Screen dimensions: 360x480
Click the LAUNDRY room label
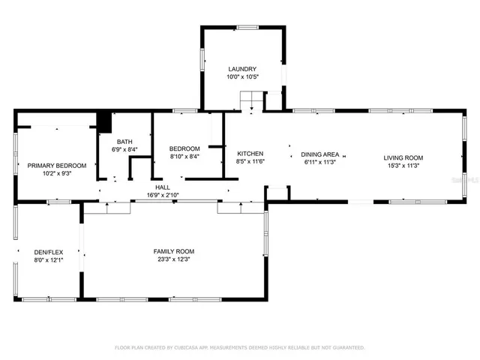(242, 69)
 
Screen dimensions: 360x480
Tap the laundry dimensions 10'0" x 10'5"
(242, 77)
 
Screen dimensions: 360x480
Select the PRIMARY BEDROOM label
(57, 165)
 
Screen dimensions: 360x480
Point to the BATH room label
(124, 141)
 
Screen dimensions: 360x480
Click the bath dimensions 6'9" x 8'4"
(124, 149)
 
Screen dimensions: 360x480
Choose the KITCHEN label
(250, 153)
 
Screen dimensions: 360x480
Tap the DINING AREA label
(321, 154)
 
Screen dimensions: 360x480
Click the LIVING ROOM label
(403, 157)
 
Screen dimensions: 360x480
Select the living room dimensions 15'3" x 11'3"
(403, 166)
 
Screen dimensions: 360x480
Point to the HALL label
(163, 187)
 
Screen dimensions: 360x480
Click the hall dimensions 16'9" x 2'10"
(163, 195)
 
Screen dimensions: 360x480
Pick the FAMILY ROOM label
(174, 251)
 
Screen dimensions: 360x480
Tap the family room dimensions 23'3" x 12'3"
(174, 259)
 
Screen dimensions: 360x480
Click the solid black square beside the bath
(104, 121)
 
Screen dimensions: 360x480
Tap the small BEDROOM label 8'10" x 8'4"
(184, 148)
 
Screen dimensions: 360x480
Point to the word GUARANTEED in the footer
(349, 348)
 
